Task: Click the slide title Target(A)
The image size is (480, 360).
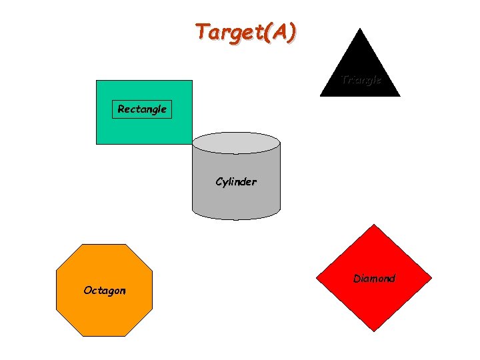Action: coord(246,31)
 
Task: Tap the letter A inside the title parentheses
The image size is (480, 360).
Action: coord(280,31)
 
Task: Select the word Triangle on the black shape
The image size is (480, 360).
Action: coord(361,79)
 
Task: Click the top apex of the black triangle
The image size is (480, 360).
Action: coord(360,29)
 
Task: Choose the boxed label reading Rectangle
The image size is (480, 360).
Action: coord(141,109)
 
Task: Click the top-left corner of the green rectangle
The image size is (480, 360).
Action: coord(97,81)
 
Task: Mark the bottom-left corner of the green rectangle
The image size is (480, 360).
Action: coord(97,143)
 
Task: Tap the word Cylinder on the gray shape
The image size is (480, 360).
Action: coord(235,181)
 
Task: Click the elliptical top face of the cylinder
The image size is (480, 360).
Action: coord(236,143)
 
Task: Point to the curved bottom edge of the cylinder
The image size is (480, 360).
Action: coord(236,218)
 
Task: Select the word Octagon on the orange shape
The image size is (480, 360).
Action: coord(104,290)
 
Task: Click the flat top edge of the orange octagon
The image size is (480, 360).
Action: coord(104,245)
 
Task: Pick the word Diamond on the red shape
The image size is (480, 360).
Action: coord(374,278)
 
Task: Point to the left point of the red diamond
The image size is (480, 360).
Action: coord(316,278)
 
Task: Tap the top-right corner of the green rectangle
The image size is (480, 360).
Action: coord(191,81)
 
